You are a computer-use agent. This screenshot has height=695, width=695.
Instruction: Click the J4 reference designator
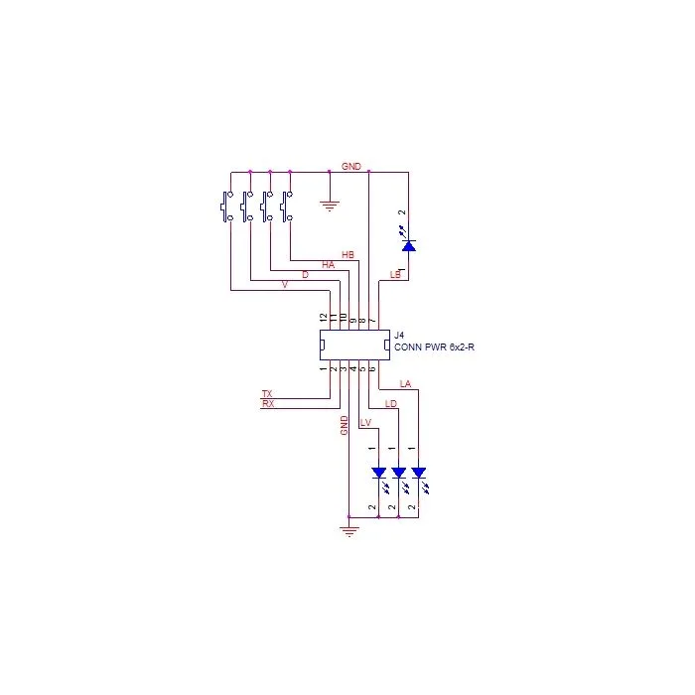[399, 336]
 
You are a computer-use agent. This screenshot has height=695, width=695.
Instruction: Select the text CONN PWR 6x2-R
[434, 347]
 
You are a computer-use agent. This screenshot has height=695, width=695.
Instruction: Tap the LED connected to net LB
[408, 240]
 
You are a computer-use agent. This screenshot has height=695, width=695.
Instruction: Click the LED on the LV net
[379, 478]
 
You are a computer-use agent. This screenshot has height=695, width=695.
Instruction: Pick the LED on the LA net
[419, 478]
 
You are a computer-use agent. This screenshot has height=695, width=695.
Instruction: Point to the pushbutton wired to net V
[227, 207]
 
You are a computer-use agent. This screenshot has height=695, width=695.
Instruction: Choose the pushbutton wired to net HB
[287, 207]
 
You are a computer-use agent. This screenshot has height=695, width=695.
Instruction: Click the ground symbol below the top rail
[330, 207]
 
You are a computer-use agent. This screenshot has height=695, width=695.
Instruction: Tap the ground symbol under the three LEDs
[349, 531]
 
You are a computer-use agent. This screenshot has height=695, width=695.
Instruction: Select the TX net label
[267, 393]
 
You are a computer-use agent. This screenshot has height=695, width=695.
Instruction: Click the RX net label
[268, 403]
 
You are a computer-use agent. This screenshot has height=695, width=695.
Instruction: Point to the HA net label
[328, 265]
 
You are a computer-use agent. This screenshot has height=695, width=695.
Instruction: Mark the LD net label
[391, 403]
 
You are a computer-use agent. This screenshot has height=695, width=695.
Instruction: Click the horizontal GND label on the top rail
[351, 166]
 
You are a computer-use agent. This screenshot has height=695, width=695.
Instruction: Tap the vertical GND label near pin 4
[344, 426]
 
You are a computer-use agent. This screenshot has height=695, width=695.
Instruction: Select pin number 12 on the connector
[324, 318]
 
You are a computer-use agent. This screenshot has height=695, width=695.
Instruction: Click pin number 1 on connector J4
[324, 368]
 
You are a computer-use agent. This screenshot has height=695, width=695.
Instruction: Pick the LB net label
[395, 275]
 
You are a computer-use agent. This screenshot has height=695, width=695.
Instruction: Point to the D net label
[305, 275]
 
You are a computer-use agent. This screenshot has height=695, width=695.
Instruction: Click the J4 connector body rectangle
[354, 331]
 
